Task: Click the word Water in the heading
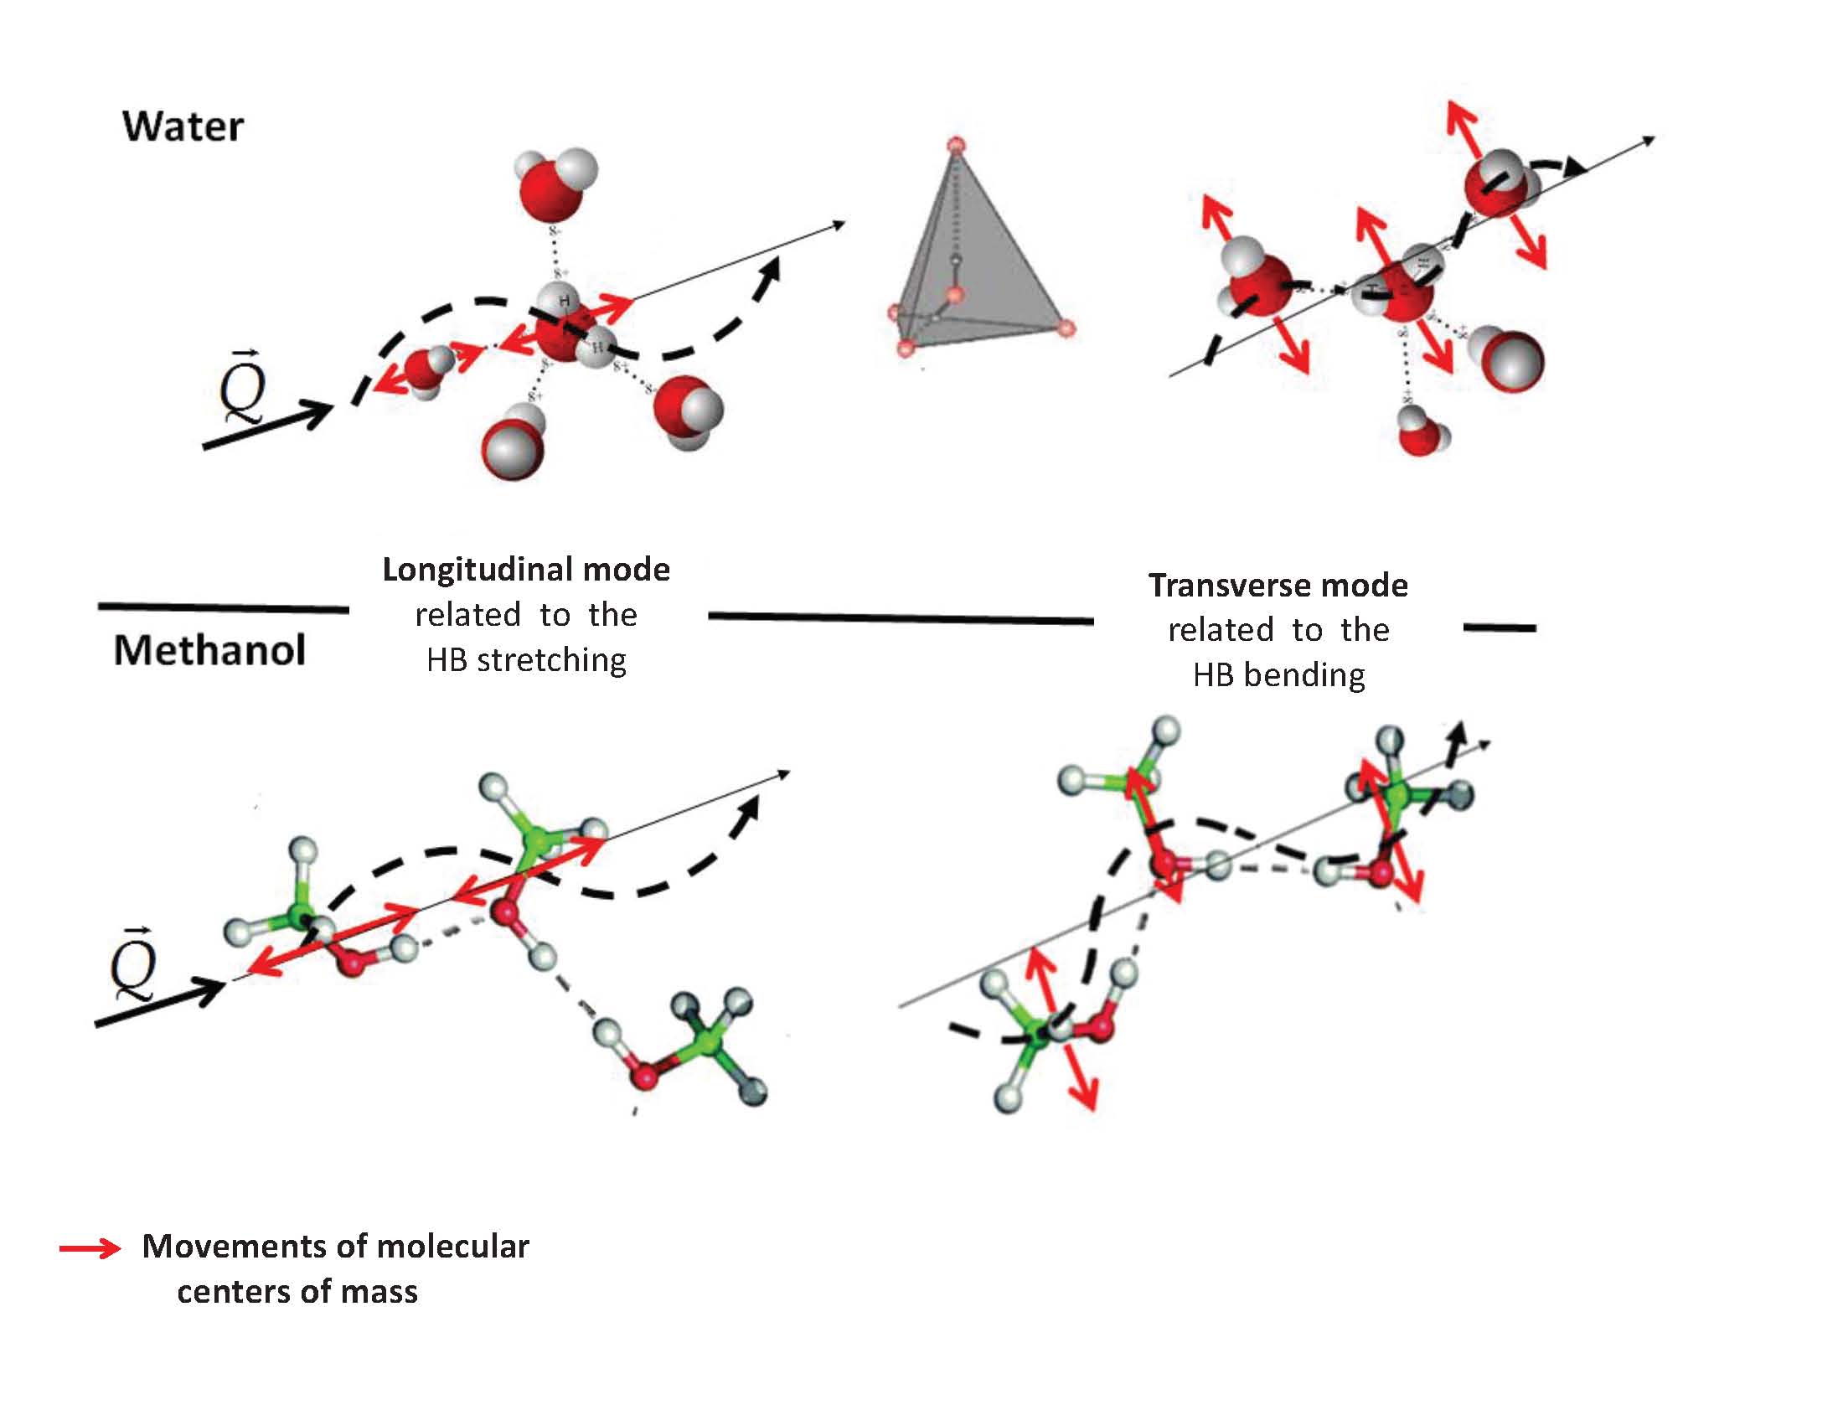(x=183, y=127)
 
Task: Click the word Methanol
(x=209, y=650)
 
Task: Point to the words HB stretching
(x=526, y=660)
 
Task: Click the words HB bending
(x=1278, y=674)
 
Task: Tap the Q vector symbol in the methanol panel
(x=133, y=965)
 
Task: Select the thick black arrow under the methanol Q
(x=159, y=1002)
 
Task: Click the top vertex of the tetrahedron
(x=956, y=145)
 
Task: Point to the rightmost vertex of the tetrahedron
(x=1066, y=328)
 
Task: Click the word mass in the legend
(x=380, y=1292)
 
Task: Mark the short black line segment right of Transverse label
(x=1499, y=627)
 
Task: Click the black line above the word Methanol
(x=223, y=607)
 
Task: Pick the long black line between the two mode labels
(x=901, y=618)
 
